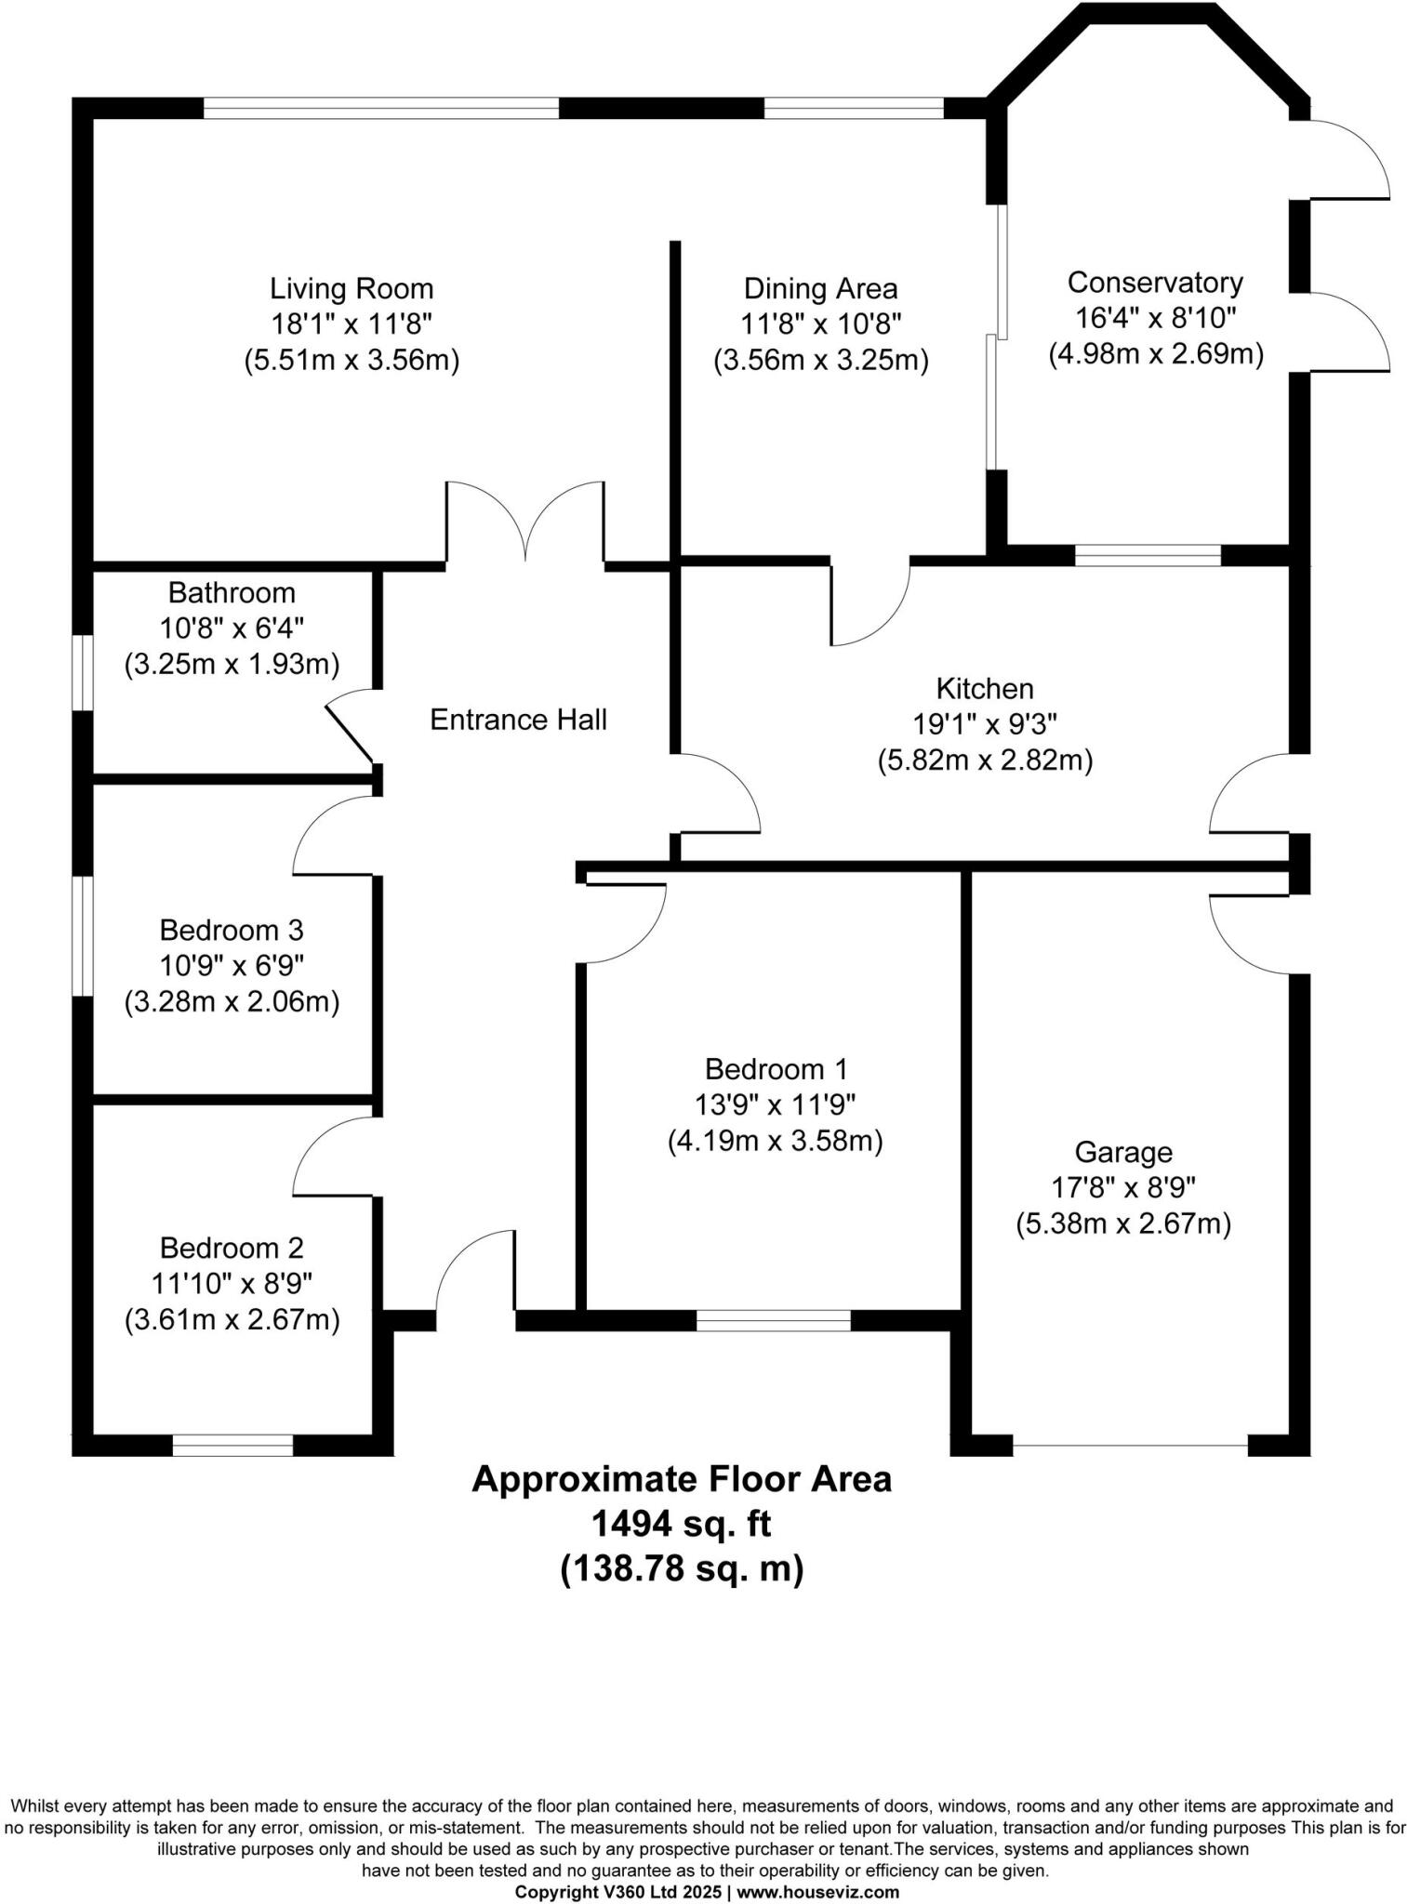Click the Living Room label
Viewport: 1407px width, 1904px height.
(x=352, y=288)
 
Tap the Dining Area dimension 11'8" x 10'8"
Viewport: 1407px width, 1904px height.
(x=821, y=324)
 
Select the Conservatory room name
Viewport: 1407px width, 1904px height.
(x=1155, y=282)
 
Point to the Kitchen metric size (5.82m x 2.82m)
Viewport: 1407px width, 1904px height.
(x=985, y=760)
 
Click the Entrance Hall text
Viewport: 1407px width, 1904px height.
(x=518, y=720)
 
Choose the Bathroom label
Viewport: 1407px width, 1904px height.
(x=232, y=592)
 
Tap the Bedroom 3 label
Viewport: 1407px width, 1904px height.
(x=232, y=930)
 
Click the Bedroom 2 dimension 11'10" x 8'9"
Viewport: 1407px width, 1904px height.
(x=232, y=1283)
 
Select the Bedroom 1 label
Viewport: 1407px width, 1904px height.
(x=776, y=1068)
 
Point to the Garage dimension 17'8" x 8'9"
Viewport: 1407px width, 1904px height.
(x=1123, y=1187)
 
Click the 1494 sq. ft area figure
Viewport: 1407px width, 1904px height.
(x=682, y=1525)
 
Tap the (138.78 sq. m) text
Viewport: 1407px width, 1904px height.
(x=682, y=1569)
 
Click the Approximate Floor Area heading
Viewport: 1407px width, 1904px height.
(x=682, y=1479)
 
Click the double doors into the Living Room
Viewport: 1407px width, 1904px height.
(x=525, y=522)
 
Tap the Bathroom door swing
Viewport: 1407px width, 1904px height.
(x=352, y=725)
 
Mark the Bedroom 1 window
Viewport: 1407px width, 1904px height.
(x=774, y=1320)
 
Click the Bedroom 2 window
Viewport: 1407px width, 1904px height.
(x=232, y=1446)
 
